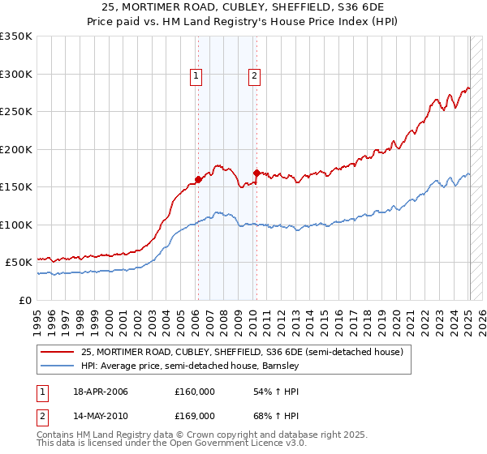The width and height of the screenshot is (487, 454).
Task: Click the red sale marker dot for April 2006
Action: (198, 179)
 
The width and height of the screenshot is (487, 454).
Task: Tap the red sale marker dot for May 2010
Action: (256, 173)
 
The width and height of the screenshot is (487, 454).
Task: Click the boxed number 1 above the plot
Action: (196, 76)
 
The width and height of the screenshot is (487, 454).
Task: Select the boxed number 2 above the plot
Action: (254, 76)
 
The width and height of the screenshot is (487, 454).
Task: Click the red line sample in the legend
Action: (58, 352)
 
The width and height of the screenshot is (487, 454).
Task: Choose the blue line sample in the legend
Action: (58, 366)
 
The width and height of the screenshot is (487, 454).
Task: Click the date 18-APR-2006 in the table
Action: (101, 392)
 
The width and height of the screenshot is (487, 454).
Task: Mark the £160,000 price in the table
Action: (195, 392)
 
